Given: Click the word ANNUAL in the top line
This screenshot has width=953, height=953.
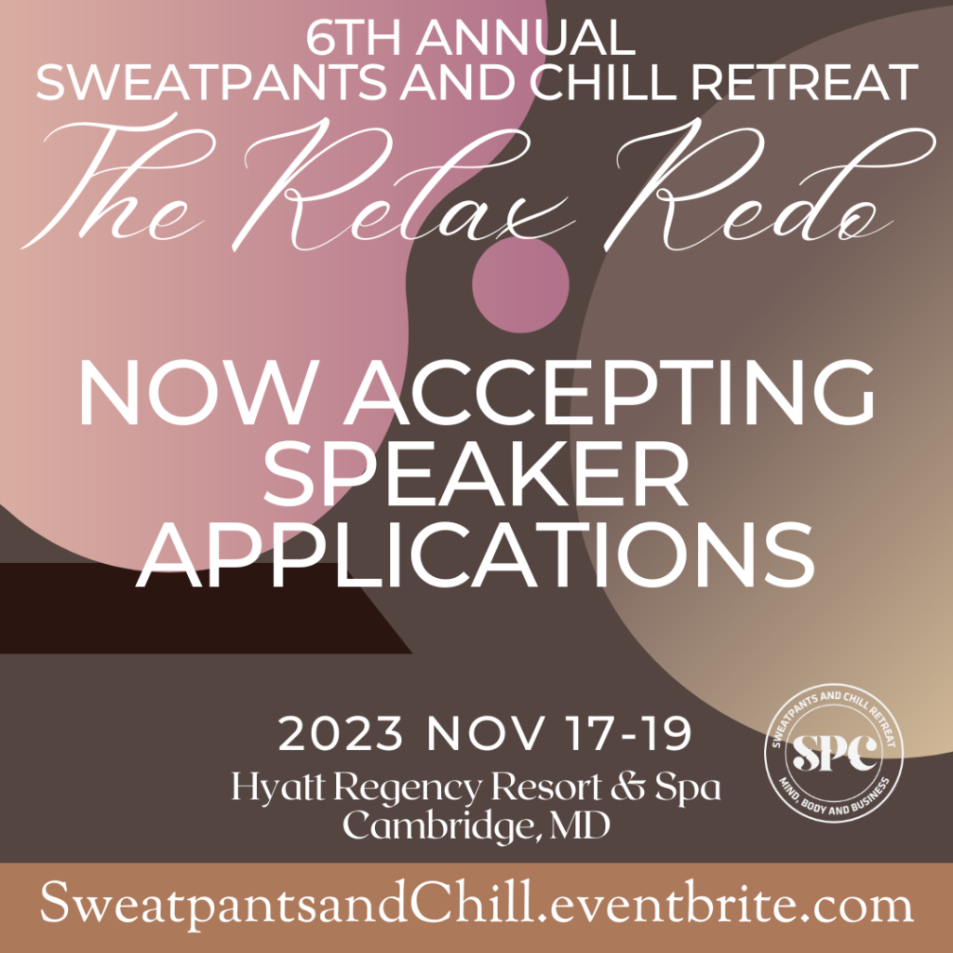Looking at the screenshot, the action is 526,38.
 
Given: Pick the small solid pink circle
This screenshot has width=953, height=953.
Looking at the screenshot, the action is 521,285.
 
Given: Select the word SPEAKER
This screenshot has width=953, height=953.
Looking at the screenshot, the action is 476,475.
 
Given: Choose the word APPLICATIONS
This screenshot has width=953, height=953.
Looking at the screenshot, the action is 476,556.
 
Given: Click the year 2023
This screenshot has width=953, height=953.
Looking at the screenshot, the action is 341,734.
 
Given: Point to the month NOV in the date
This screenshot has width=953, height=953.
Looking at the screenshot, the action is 484,734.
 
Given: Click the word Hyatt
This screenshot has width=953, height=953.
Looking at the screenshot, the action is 277,789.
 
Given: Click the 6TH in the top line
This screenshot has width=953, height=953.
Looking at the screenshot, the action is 356,38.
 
